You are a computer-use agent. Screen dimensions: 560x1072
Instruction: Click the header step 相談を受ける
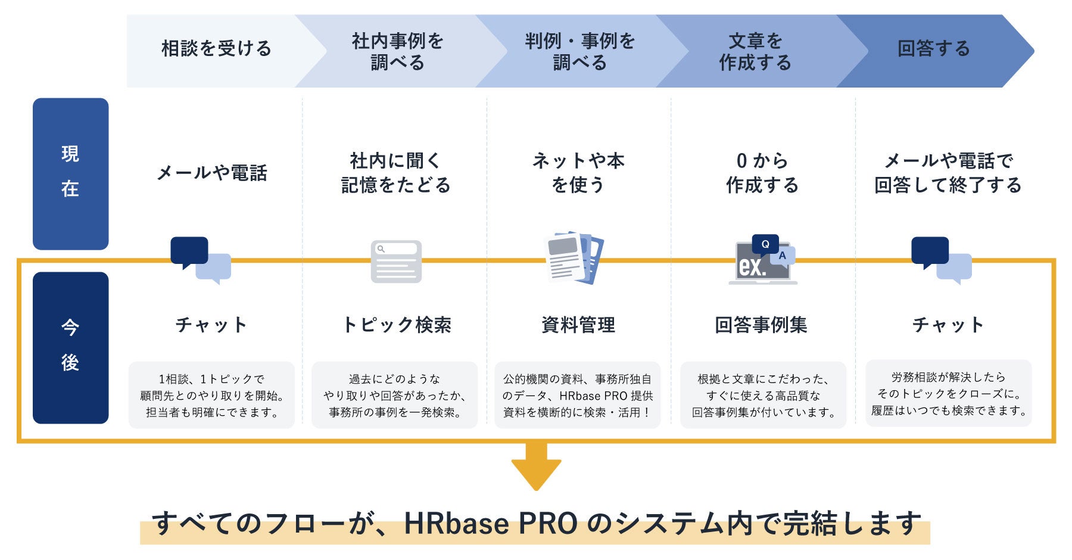216,49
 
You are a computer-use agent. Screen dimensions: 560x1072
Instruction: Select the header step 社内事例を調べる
397,52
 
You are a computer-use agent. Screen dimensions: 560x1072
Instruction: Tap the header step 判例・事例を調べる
579,52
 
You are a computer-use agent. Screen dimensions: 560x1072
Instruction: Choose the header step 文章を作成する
755,52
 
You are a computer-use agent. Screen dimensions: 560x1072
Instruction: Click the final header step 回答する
933,49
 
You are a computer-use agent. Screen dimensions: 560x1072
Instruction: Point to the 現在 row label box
70,173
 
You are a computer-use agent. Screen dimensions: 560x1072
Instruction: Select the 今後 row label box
70,347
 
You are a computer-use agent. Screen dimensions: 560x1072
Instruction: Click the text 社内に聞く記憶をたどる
395,173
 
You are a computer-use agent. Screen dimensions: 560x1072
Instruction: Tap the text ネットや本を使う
578,173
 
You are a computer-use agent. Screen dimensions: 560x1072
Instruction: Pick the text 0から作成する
762,173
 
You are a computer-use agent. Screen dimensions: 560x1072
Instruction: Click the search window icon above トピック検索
396,262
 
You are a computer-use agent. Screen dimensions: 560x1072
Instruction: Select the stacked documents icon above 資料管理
574,257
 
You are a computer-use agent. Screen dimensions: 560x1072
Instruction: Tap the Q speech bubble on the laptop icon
765,244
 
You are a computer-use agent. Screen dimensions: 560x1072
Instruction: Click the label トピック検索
397,325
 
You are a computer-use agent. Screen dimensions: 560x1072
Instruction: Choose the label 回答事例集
761,325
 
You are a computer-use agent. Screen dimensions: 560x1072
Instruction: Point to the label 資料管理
578,325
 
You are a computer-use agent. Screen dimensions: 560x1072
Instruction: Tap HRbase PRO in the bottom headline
491,524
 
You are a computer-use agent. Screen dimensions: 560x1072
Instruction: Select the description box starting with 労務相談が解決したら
948,393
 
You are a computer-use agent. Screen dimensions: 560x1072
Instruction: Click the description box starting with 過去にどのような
394,395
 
